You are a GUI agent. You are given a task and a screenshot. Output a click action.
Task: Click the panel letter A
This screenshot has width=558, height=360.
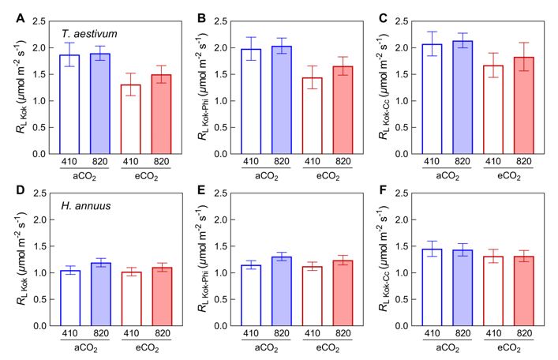click(x=20, y=17)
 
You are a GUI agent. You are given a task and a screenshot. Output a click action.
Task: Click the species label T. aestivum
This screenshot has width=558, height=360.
click(x=89, y=33)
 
